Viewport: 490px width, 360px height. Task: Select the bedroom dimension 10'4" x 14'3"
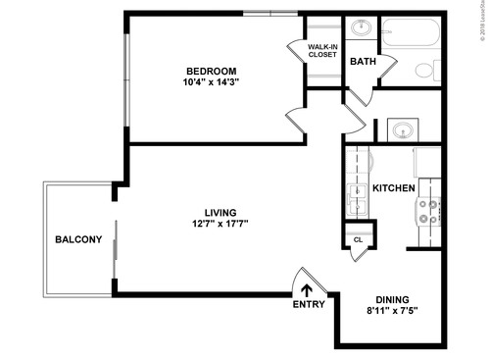tap(213, 82)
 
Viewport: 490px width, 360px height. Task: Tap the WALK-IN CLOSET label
tap(322, 51)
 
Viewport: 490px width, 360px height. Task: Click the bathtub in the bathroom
tap(412, 37)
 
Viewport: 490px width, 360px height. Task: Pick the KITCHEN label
tap(393, 187)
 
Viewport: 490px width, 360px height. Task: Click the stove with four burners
tap(428, 209)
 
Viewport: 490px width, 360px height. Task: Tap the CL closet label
tap(358, 239)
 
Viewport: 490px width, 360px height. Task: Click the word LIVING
tap(220, 212)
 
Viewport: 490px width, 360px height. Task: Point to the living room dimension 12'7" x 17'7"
tap(220, 224)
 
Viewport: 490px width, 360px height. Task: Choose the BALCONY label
tap(77, 239)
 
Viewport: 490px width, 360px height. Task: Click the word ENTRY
tap(308, 304)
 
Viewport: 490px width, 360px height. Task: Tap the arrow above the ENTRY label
tap(307, 289)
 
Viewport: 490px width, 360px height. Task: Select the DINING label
tap(392, 300)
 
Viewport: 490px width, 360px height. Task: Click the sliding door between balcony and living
tap(116, 249)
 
